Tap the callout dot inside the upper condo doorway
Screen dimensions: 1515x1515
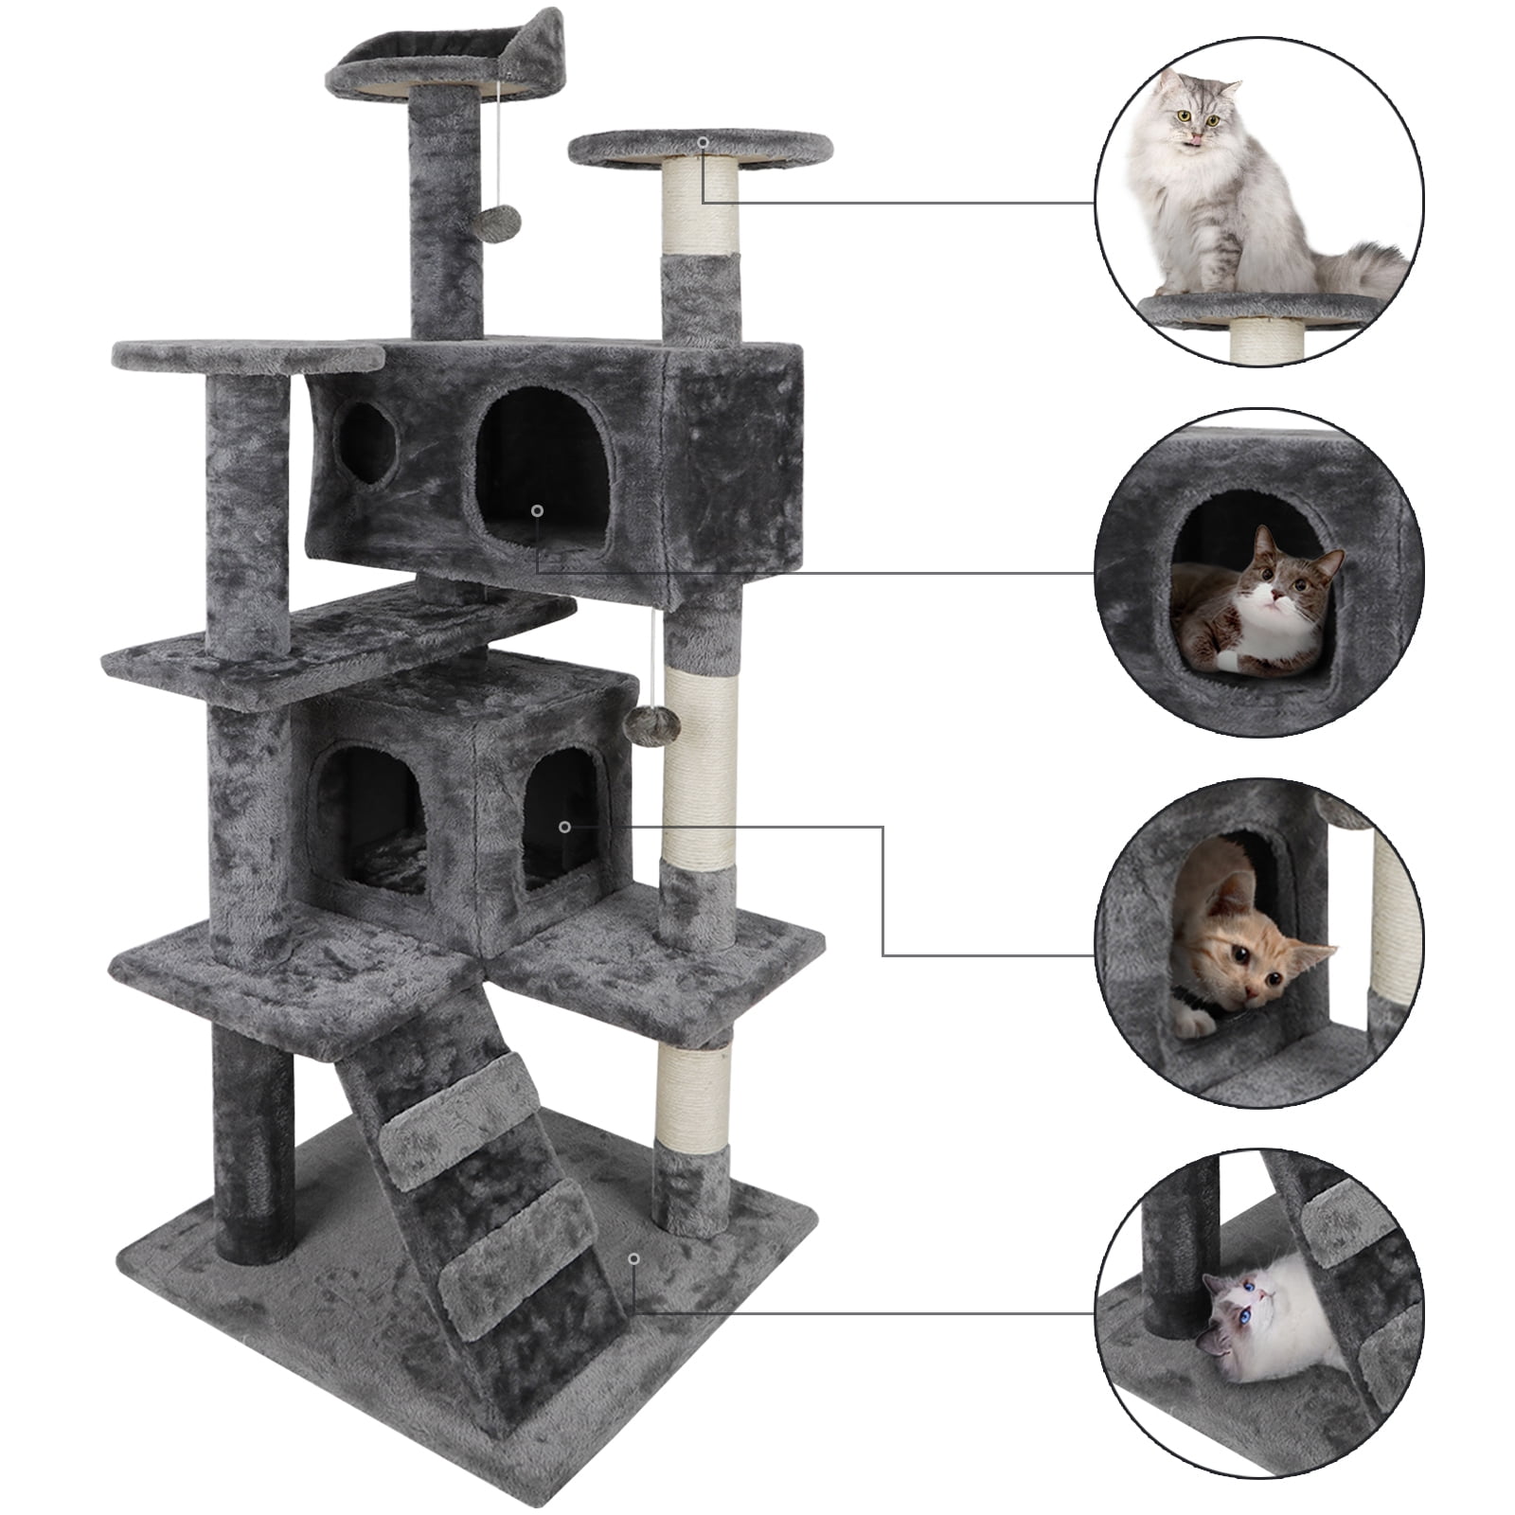[537, 510]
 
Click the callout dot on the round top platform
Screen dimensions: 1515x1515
[703, 142]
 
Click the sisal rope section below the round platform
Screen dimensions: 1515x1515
[701, 208]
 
